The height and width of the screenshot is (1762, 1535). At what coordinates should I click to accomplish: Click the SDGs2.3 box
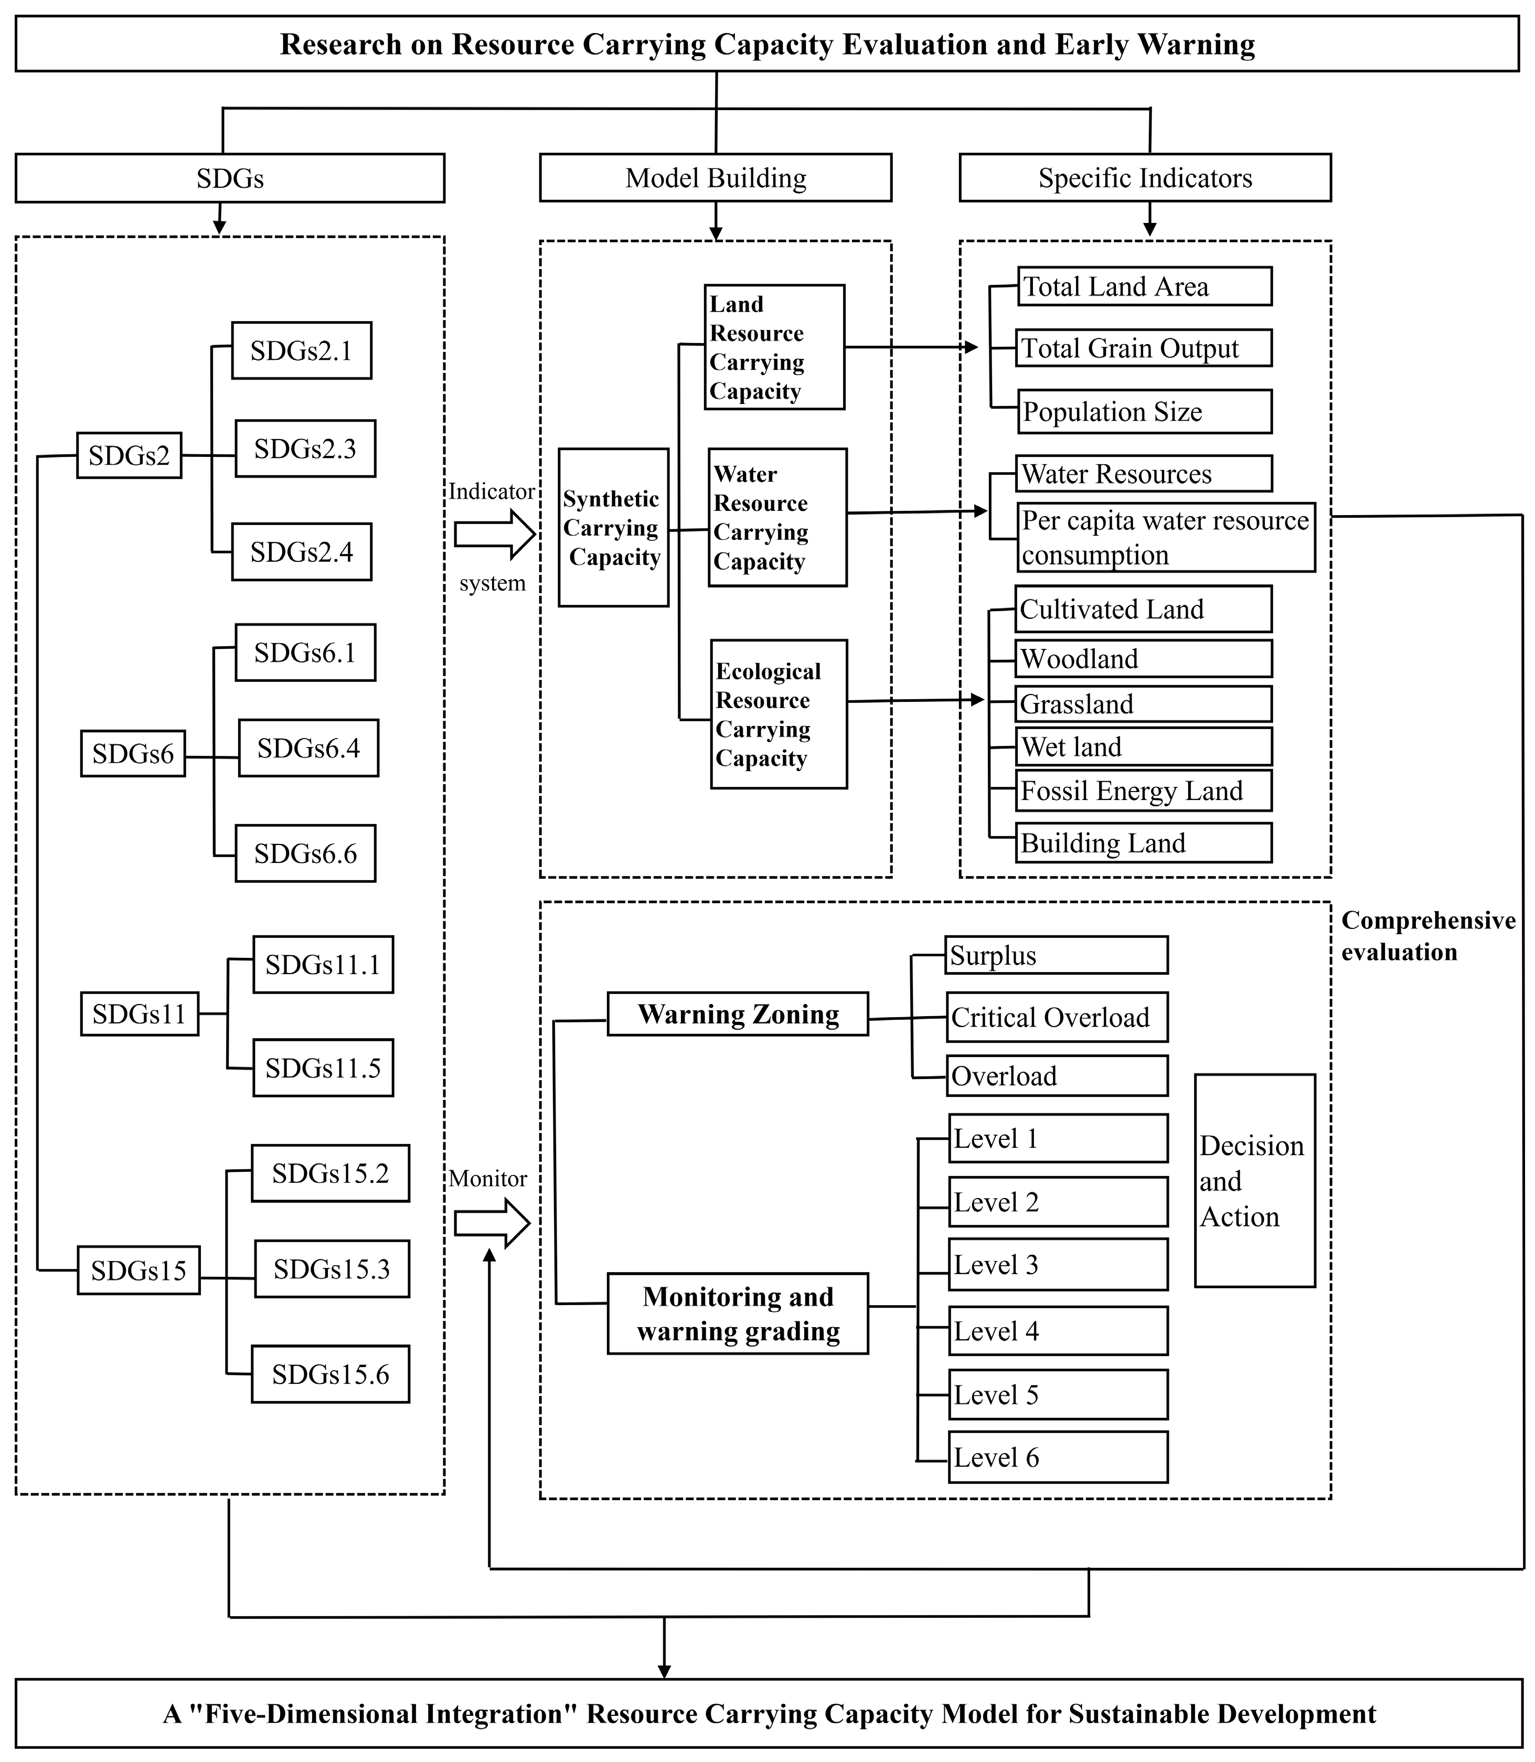click(x=305, y=449)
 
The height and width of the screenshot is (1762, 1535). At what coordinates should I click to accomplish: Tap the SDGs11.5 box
click(x=323, y=1067)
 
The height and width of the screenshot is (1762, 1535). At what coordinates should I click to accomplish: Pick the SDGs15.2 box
click(x=330, y=1173)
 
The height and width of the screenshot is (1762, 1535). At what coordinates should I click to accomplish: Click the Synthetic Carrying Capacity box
click(x=613, y=528)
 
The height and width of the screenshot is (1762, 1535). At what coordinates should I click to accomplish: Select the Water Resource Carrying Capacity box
click(x=777, y=517)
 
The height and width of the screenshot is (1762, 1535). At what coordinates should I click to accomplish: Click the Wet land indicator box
click(x=1144, y=747)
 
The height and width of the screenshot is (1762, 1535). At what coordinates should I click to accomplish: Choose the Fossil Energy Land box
click(x=1144, y=791)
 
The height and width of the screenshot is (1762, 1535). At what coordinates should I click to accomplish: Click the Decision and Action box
click(x=1254, y=1180)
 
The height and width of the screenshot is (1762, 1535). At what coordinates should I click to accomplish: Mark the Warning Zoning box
click(x=738, y=1014)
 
